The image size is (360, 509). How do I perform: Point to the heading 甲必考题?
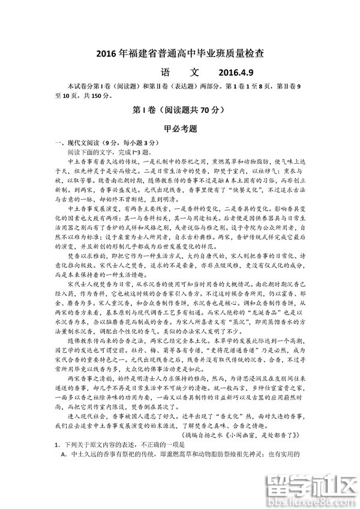click(180, 128)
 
